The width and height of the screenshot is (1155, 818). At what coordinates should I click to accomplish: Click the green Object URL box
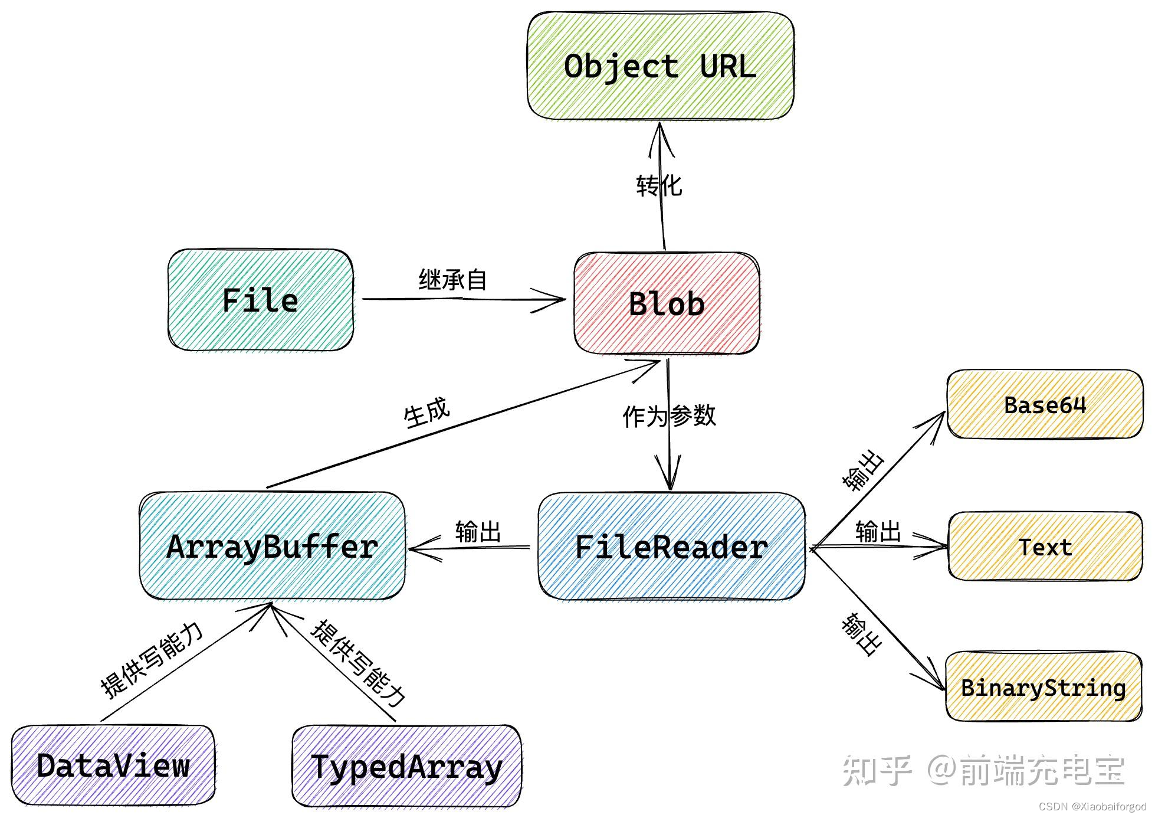pos(660,66)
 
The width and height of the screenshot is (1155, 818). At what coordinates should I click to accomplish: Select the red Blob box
pos(667,303)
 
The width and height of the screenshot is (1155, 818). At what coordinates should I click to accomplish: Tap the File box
pos(260,300)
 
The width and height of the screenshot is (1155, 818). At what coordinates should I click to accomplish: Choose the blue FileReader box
pos(671,547)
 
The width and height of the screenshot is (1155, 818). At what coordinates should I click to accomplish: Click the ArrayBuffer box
pos(273,547)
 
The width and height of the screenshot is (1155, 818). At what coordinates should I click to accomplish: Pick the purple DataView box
pos(113,765)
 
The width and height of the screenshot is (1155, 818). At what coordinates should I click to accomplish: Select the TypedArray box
pos(406,766)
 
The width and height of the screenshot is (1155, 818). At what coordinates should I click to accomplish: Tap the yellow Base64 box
pos(1045,405)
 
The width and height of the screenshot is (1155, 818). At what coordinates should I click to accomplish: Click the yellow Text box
pos(1045,547)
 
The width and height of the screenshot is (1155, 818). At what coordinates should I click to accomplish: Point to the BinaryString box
pos(1043,687)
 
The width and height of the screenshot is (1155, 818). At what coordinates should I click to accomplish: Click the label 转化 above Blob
pos(659,186)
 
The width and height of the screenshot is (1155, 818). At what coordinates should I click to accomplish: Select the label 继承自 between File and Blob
pos(452,279)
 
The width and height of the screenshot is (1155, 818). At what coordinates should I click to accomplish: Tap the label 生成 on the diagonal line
pos(426,413)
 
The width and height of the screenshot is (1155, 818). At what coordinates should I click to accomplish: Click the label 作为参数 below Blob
pos(669,416)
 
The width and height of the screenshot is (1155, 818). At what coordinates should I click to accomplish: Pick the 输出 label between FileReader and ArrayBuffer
pos(478,531)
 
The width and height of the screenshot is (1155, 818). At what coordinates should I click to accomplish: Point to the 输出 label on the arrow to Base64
pos(864,470)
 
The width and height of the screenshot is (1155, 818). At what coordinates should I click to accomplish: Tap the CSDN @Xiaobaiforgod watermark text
pos(1092,807)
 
